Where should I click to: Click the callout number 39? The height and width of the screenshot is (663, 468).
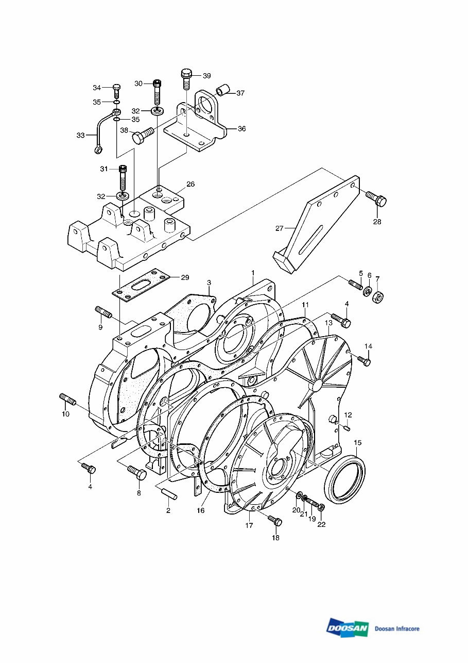click(206, 76)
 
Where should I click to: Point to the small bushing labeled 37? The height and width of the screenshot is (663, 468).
click(222, 91)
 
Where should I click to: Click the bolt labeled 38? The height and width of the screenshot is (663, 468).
click(143, 136)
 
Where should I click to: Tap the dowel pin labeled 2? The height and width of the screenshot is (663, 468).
click(168, 492)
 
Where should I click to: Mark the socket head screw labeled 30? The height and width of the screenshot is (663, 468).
click(158, 92)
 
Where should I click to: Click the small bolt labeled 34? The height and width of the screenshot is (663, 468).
click(116, 91)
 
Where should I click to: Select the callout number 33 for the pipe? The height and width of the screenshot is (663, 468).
click(81, 136)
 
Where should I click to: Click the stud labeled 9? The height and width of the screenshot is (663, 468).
click(103, 312)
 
